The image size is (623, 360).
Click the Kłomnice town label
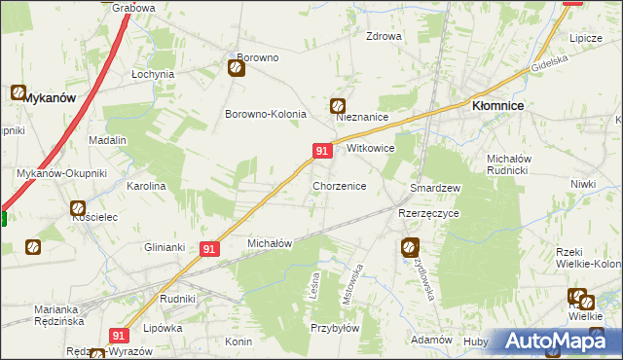click(499, 106)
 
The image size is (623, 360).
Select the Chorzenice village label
click(339, 185)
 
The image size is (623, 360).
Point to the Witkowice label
click(370, 149)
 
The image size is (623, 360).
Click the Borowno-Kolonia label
click(266, 114)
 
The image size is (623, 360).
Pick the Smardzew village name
click(435, 187)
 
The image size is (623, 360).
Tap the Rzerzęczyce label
click(428, 212)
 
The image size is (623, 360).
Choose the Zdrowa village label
click(384, 37)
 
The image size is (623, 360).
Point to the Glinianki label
click(165, 246)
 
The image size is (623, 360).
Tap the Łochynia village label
click(153, 74)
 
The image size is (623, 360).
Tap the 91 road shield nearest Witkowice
click(322, 150)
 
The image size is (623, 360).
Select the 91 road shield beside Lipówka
click(119, 335)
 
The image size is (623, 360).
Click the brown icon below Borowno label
click(237, 68)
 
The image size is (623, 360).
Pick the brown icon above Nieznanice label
click(338, 105)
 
